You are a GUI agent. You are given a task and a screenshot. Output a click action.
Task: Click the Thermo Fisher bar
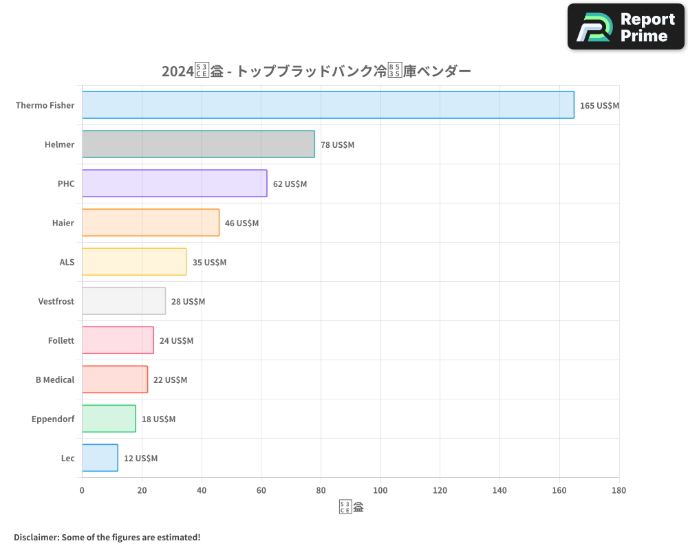tap(327, 105)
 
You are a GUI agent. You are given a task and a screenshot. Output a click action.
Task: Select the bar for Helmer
tap(198, 144)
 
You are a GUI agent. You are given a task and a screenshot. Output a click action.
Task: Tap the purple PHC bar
tap(174, 184)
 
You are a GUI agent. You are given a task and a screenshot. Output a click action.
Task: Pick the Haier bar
tap(151, 223)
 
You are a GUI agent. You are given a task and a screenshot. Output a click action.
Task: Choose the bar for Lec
tap(100, 458)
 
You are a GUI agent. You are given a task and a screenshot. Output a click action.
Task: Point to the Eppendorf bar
tap(109, 419)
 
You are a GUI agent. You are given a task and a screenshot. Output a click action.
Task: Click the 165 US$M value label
tap(599, 106)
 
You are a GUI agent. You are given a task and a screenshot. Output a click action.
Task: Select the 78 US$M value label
tap(337, 145)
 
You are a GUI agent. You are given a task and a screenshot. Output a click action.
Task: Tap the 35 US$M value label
tap(209, 263)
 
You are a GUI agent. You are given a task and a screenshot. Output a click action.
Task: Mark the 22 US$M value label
tap(170, 380)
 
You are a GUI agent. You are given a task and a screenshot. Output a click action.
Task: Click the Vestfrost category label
tap(56, 301)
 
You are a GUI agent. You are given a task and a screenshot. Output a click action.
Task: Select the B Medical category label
tap(55, 379)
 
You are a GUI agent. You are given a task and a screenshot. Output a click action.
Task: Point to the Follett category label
tap(61, 340)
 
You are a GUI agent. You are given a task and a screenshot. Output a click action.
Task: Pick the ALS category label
tap(67, 262)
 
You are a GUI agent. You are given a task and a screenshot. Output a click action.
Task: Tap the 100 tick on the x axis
tap(380, 490)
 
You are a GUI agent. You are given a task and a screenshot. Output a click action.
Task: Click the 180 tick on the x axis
tap(619, 490)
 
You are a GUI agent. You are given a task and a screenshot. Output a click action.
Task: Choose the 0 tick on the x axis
tap(82, 490)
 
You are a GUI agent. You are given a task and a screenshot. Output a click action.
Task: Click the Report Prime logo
tap(626, 27)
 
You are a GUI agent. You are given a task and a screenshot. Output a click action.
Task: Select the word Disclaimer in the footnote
tap(36, 537)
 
